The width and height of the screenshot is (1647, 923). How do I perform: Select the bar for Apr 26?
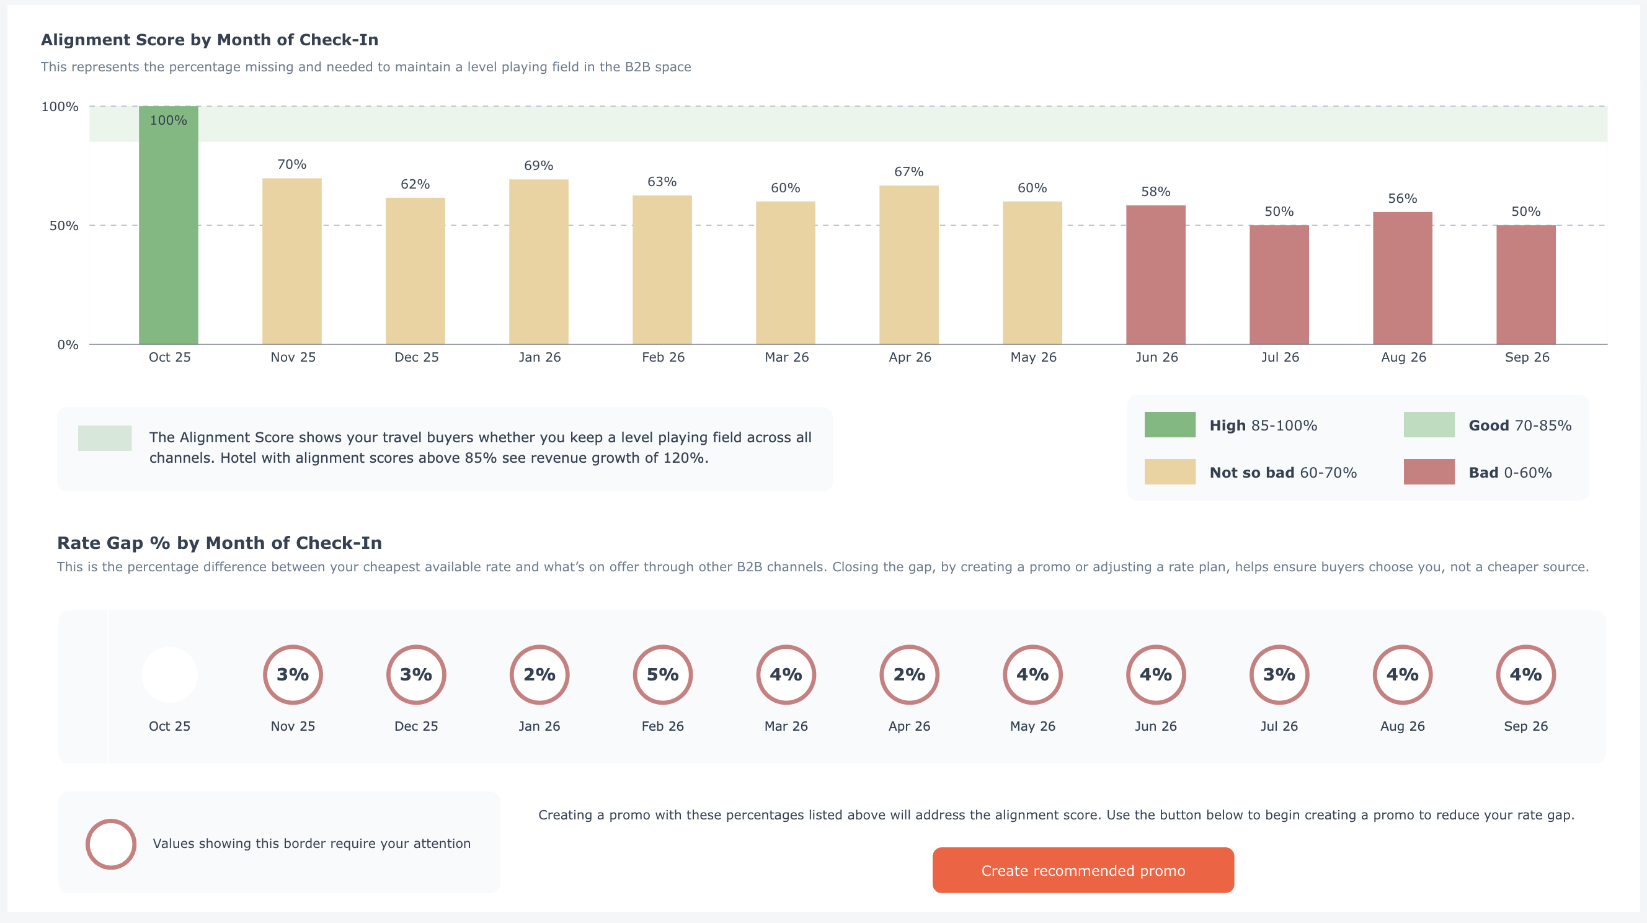click(908, 265)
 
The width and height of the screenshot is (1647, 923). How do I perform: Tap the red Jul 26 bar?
click(1279, 285)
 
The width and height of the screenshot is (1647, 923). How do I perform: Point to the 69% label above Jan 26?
click(538, 166)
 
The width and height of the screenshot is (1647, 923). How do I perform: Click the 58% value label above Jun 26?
click(1155, 192)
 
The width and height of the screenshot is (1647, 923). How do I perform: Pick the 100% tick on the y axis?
click(60, 107)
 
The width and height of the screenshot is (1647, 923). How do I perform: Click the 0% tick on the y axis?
click(68, 345)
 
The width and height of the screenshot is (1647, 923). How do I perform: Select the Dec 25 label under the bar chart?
click(416, 357)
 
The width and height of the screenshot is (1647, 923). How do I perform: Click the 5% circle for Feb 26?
click(662, 674)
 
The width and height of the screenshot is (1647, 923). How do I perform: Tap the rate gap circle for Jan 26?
click(539, 674)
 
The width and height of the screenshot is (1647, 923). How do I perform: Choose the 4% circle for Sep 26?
click(1525, 674)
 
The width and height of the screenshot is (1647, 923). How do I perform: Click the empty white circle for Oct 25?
click(169, 674)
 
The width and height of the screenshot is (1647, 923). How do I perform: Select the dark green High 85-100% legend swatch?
click(1170, 425)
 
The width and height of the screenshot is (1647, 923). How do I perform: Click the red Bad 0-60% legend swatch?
click(1428, 472)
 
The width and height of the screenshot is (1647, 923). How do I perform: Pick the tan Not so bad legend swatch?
click(1170, 472)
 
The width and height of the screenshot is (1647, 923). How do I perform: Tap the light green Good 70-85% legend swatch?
click(1428, 425)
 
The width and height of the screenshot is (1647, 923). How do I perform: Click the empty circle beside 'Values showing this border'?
click(110, 844)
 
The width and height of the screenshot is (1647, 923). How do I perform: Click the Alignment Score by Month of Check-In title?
click(210, 40)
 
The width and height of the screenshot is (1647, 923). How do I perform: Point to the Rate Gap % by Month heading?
click(220, 543)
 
